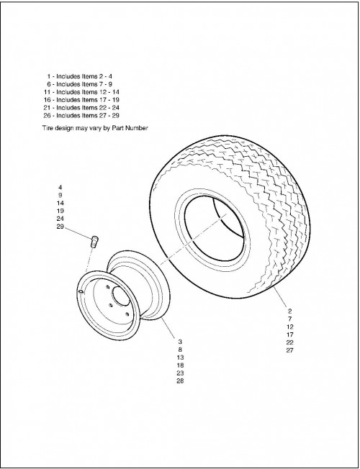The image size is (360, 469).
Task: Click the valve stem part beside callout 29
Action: coord(94,241)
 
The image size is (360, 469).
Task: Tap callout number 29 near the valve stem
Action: coord(60,227)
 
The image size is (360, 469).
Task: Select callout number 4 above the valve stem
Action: coord(60,188)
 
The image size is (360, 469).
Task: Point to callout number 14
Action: coord(60,203)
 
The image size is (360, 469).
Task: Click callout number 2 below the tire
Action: coord(289,311)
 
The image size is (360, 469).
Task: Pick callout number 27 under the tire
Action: coord(289,350)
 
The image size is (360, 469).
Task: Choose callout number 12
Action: coord(289,327)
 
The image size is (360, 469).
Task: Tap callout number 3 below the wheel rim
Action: coord(180,342)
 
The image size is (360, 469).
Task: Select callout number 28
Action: coord(180,381)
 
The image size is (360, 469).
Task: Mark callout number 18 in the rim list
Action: coord(180,365)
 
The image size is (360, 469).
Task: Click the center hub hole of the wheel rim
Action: coord(120,296)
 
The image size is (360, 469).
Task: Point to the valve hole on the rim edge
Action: coord(80,291)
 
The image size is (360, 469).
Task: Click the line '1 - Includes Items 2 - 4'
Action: coord(79,76)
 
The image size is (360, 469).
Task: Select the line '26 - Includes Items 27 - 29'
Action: coord(81,116)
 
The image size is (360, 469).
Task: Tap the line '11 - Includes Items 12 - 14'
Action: coord(81,92)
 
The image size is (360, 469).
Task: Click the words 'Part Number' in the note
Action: coord(130,128)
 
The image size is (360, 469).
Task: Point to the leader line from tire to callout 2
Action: coord(280,296)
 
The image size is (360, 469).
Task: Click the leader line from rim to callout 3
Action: coord(168,327)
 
